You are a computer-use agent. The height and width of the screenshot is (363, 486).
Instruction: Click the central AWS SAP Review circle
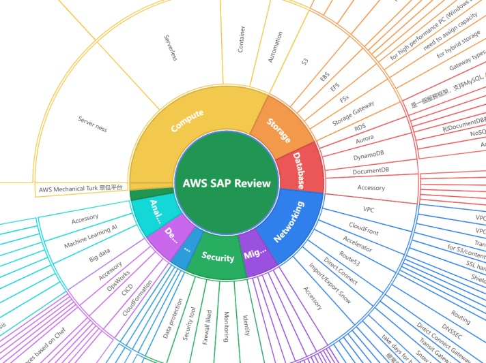[227, 183]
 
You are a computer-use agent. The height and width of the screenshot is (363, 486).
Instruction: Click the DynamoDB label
[349, 157]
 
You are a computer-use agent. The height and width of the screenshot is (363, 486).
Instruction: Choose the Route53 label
[349, 257]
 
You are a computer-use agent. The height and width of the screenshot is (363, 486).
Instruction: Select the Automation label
[276, 47]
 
